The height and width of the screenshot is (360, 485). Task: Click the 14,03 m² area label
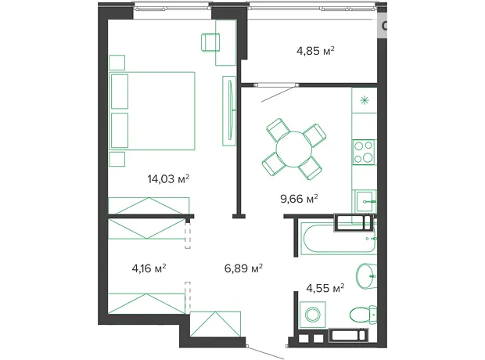(x=168, y=178)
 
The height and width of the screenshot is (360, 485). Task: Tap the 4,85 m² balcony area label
(x=315, y=50)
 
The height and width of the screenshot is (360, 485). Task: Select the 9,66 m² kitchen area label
(x=299, y=199)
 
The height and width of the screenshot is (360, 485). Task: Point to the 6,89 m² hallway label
(x=243, y=268)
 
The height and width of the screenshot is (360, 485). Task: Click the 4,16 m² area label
(x=149, y=268)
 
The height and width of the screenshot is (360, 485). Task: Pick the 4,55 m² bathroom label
(x=325, y=288)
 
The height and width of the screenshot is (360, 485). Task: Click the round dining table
(x=294, y=149)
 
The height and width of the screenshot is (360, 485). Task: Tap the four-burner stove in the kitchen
(x=364, y=152)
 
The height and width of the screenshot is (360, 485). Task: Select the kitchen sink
(x=365, y=201)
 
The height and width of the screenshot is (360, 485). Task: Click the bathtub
(x=339, y=239)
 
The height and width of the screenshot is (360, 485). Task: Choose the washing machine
(x=312, y=315)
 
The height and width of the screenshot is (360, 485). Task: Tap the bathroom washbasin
(x=367, y=275)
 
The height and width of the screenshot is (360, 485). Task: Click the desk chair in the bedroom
(x=210, y=42)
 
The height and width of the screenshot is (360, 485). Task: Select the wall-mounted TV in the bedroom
(x=231, y=110)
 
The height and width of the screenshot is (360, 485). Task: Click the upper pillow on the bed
(x=120, y=92)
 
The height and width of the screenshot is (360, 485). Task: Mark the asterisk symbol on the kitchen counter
(x=365, y=100)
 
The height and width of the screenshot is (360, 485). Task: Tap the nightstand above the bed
(x=117, y=63)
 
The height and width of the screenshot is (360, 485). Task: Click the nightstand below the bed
(x=117, y=159)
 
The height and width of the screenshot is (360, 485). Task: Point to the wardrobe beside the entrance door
(x=215, y=324)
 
